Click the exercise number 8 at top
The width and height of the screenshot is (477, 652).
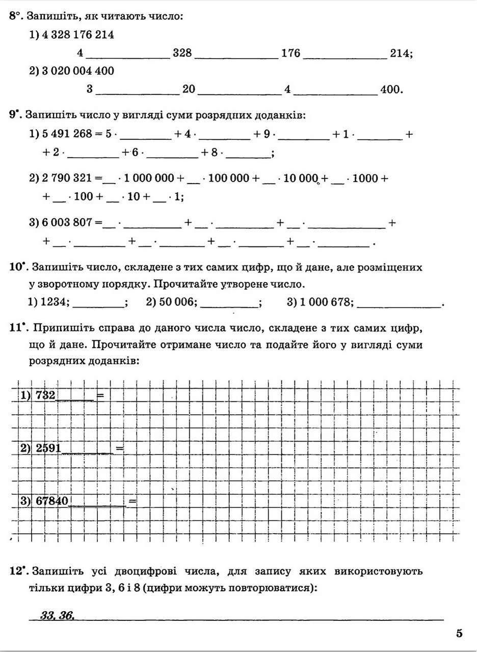pyautogui.click(x=13, y=16)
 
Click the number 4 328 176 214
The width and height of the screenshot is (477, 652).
pyautogui.click(x=77, y=35)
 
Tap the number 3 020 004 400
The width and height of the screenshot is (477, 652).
pyautogui.click(x=77, y=71)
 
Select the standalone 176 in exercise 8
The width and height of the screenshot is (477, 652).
pyautogui.click(x=290, y=53)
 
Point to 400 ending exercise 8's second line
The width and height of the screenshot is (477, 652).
pyautogui.click(x=391, y=90)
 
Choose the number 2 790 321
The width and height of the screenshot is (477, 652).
pyautogui.click(x=66, y=179)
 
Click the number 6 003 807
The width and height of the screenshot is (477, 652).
pyautogui.click(x=66, y=222)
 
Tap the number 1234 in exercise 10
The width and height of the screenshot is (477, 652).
pyautogui.click(x=56, y=302)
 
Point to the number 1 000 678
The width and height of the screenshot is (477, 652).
pyautogui.click(x=326, y=302)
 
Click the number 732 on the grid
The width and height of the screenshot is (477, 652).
pyautogui.click(x=45, y=394)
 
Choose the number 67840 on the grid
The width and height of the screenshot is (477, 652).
pyautogui.click(x=52, y=501)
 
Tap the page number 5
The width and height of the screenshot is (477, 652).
pyautogui.click(x=459, y=634)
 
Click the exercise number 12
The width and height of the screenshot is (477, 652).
pyautogui.click(x=15, y=570)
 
